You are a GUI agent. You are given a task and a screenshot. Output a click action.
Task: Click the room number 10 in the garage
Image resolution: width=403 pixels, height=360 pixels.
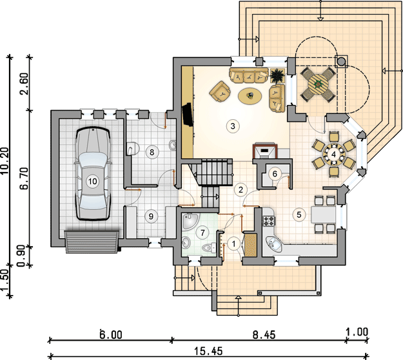pos(92,182)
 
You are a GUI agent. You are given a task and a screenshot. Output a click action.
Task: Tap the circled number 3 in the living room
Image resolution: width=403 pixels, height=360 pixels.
pos(233,126)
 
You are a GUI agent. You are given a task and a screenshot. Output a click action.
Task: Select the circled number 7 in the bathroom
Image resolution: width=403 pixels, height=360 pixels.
pos(202,233)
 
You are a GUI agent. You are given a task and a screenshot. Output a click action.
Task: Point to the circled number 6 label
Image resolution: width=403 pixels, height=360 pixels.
pos(275,174)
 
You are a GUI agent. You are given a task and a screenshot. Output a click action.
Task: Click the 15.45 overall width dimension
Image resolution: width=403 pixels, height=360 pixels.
pos(208,351)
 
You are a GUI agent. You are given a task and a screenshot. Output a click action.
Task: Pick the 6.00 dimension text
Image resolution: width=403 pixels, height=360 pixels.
pos(111,334)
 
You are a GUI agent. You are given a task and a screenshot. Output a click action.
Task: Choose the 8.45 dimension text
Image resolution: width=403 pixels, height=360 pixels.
pos(264,335)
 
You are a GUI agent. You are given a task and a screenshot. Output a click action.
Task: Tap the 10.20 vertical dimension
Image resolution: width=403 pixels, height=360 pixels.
pos(5,161)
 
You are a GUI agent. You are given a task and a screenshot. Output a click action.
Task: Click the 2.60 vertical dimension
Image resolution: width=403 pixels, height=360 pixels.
pos(25,84)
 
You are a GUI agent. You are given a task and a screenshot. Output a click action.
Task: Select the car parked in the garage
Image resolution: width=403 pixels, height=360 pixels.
pos(92,174)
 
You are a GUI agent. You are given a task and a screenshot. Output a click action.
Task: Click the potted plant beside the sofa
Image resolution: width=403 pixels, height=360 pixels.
pos(277,76)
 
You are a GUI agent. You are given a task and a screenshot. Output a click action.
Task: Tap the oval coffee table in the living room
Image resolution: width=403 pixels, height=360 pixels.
pos(250,96)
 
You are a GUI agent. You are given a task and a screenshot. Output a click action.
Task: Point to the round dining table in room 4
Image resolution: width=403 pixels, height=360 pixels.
pos(333,155)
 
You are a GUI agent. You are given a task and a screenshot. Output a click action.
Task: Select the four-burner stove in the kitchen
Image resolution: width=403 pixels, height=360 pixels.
pos(269,221)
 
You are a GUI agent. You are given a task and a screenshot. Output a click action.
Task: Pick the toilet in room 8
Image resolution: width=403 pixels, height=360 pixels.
pos(133,148)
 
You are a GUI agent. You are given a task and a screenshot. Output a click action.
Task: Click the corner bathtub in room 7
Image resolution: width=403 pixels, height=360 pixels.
pos(190,221)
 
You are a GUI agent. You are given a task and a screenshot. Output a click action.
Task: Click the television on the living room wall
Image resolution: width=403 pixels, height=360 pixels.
pos(188,115)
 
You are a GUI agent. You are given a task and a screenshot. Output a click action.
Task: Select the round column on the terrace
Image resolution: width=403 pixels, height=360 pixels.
pos(341,61)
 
